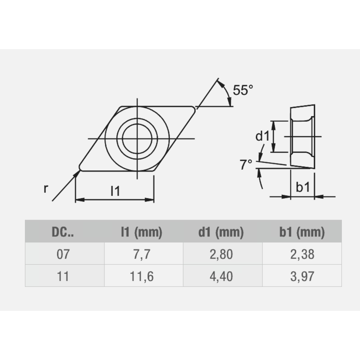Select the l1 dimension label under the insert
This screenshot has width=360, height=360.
pos(115,192)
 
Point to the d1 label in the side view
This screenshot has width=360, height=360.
pos(262,136)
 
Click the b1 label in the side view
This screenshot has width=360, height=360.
pos(302,187)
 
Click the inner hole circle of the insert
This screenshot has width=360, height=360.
pos(137,138)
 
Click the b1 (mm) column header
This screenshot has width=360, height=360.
pos(302,233)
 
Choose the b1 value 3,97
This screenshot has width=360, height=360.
pos(302,276)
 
